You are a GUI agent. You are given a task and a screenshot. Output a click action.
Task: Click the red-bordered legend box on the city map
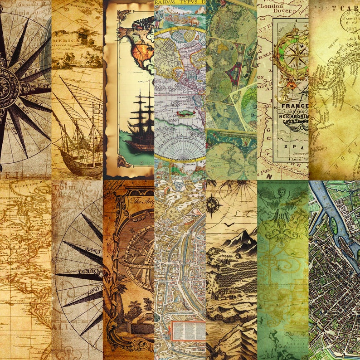coord(187,331)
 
